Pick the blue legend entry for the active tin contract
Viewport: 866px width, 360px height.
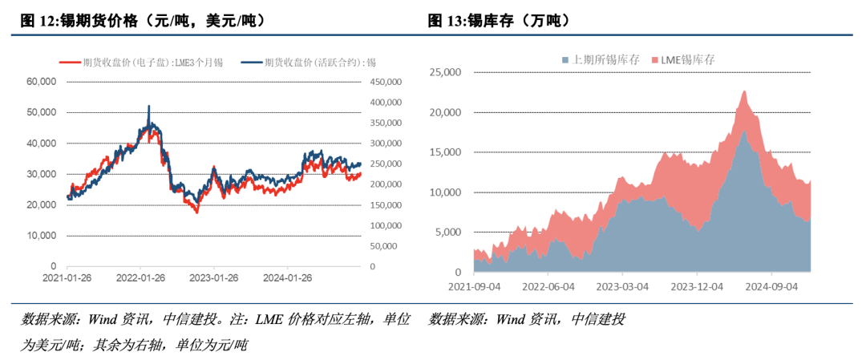(x=314, y=61)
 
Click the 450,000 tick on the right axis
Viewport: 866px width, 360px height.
(x=390, y=81)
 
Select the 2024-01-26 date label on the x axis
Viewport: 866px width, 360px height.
(x=288, y=278)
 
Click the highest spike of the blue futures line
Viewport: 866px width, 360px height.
(x=148, y=106)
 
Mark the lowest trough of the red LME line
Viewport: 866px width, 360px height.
(x=197, y=212)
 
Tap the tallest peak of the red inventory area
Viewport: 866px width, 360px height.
(x=744, y=91)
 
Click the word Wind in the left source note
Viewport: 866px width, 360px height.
(x=103, y=320)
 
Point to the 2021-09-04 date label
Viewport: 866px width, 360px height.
(x=475, y=285)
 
